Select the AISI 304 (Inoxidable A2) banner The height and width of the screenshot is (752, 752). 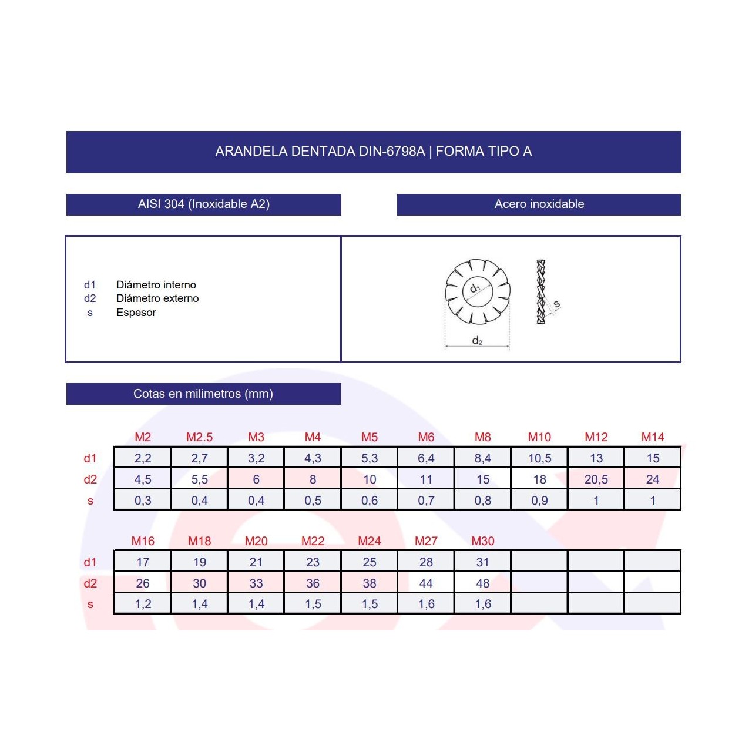(x=203, y=204)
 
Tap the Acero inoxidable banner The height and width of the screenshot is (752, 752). (x=539, y=204)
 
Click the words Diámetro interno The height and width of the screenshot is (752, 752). (x=156, y=285)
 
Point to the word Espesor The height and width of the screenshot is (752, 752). (x=136, y=313)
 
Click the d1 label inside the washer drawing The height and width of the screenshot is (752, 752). (x=475, y=288)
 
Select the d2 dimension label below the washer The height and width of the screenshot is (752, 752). (x=477, y=341)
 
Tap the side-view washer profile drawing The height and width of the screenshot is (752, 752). (x=540, y=292)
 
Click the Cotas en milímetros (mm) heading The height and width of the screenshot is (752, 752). (x=203, y=394)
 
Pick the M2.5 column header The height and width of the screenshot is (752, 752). (x=199, y=437)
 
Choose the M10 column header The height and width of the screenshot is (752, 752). (x=539, y=437)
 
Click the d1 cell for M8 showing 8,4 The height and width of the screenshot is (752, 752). (x=483, y=458)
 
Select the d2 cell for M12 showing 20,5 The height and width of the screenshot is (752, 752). (x=596, y=479)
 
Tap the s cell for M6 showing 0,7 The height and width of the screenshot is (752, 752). (x=426, y=501)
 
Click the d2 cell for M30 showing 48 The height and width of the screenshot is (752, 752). (x=483, y=583)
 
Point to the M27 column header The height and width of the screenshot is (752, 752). (x=426, y=541)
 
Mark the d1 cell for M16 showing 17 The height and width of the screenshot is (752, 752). (x=143, y=562)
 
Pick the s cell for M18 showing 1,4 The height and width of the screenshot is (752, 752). (x=199, y=604)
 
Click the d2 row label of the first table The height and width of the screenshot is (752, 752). (x=90, y=479)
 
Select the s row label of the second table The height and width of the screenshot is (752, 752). (x=90, y=604)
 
